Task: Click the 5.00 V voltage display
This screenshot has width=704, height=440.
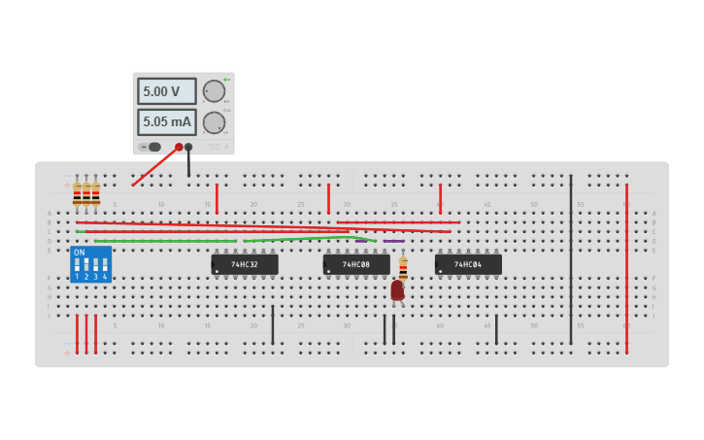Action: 166,91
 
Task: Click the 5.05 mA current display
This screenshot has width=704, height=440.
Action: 166,122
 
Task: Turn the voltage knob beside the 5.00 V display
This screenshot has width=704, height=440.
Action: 214,91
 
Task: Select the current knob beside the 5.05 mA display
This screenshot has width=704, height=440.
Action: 214,122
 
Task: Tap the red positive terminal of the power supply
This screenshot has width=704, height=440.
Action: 179,147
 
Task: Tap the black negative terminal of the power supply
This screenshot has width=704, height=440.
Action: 188,147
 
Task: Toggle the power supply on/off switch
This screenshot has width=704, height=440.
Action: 152,147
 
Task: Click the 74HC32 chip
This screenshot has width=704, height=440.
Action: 245,264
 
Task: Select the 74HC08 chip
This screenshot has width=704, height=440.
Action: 356,264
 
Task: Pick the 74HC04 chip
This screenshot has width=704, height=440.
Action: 468,264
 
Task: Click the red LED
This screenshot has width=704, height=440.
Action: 397,289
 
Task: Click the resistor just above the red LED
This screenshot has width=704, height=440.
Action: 403,267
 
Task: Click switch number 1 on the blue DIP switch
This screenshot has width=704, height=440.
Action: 77,265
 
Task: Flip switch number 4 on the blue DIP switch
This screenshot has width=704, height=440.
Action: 104,265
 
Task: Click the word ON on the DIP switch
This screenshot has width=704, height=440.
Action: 80,253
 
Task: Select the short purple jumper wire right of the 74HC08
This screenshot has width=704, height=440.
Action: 393,241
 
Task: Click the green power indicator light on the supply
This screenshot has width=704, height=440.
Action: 225,79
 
